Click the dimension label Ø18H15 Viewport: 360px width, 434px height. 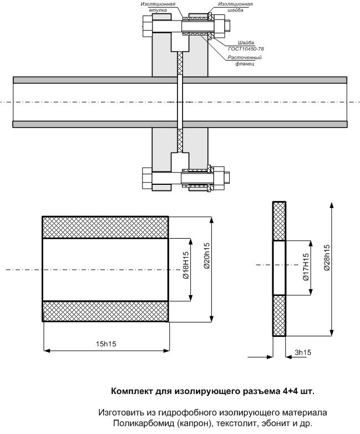186,265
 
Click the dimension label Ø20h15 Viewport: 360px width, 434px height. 206,255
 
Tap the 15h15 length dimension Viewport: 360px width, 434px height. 106,344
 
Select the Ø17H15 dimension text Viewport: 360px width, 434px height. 306,267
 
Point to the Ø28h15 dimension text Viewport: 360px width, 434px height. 327,258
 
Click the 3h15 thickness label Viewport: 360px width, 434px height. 303,352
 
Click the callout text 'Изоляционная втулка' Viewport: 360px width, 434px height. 158,7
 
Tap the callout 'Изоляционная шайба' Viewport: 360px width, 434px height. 235,7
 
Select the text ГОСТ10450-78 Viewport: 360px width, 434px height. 246,49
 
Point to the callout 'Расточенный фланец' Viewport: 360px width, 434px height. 245,60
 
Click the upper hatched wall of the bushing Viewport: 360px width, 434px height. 105,227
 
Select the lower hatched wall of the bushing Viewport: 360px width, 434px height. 105,311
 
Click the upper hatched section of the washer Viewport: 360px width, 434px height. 279,221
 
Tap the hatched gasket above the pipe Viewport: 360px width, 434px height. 180,64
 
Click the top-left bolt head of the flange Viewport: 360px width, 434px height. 148,26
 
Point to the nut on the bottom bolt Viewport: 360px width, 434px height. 219,179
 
